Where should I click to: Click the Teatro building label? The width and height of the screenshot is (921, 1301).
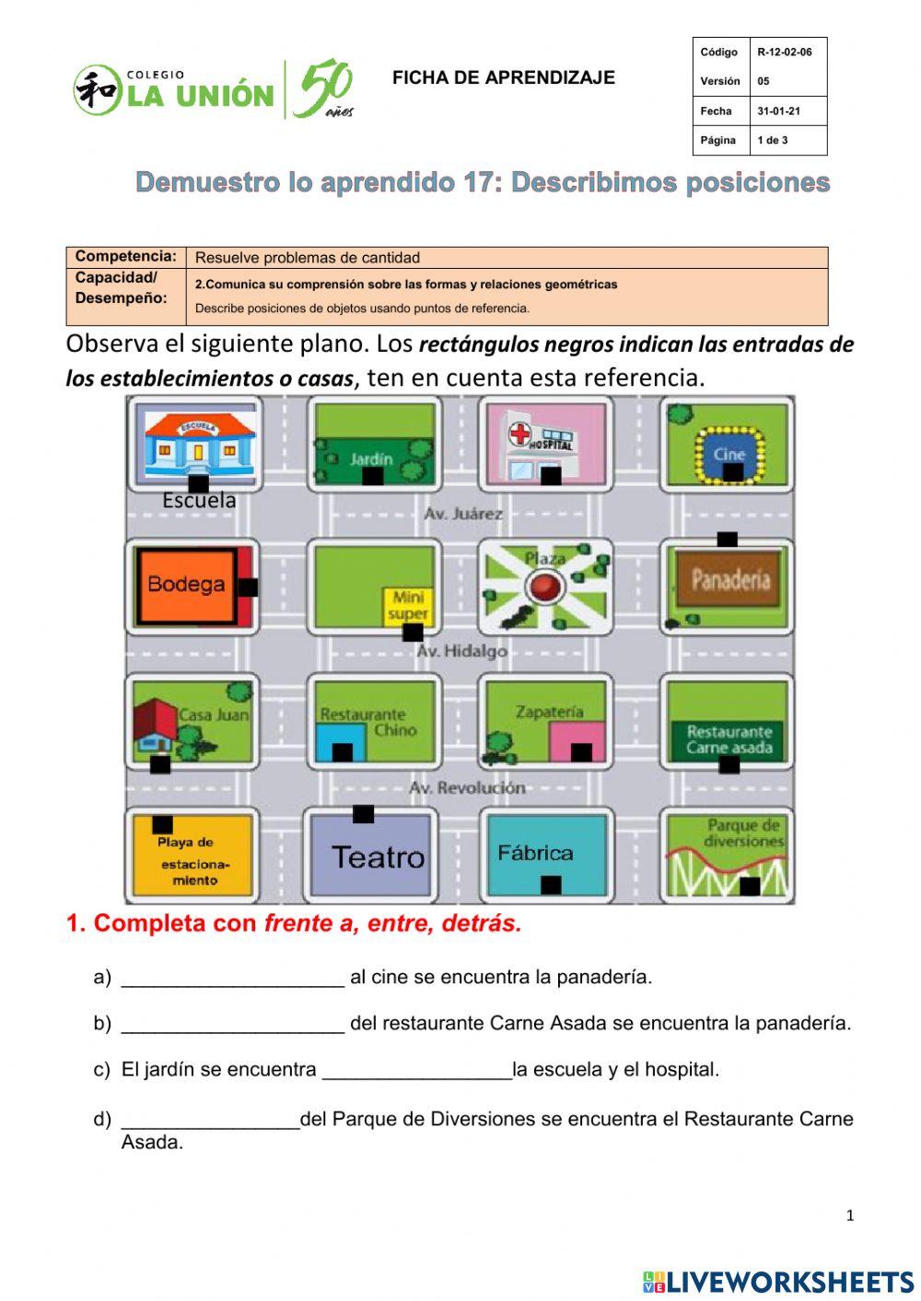coord(378,857)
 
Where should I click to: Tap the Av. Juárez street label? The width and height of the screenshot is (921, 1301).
coord(463,514)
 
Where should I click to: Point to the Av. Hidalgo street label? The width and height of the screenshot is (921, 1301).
coord(461,651)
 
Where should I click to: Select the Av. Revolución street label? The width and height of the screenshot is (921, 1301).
coord(467,788)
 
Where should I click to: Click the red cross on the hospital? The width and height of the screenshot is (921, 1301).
coord(520,435)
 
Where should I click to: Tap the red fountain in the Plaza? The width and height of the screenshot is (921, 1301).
coord(544,586)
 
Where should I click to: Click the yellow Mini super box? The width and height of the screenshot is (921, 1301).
coord(408,606)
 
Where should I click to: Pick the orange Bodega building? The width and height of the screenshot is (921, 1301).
coord(186,586)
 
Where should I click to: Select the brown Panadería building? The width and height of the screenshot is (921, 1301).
coord(729,580)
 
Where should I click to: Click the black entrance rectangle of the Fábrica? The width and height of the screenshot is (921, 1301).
coord(551,885)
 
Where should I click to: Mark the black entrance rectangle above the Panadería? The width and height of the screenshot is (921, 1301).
coord(727,540)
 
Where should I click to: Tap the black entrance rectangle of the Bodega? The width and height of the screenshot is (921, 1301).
coord(248,587)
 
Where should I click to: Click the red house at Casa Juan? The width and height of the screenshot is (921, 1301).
coord(156,725)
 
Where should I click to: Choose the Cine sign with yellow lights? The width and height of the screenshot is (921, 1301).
coord(729,454)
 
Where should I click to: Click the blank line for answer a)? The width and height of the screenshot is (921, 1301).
coord(232,979)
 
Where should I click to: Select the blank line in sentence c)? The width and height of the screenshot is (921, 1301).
coord(416,1072)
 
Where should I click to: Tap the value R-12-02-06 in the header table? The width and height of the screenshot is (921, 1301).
coord(785,52)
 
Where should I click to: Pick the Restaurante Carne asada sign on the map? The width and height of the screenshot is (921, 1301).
coord(729,739)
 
